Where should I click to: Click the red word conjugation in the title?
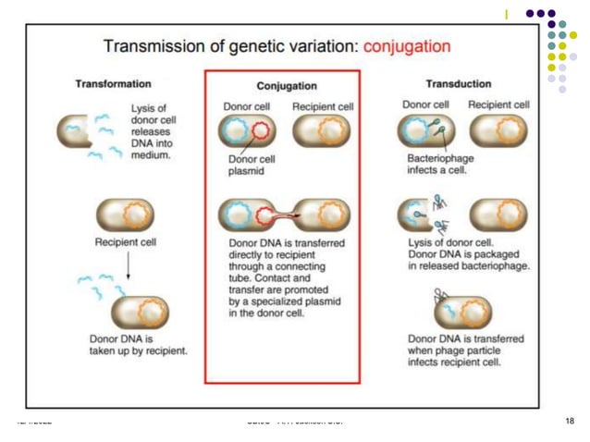click(407, 45)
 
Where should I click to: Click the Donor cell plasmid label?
click(249, 164)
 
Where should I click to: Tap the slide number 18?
click(569, 422)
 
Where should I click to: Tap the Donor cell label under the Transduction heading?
click(425, 104)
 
